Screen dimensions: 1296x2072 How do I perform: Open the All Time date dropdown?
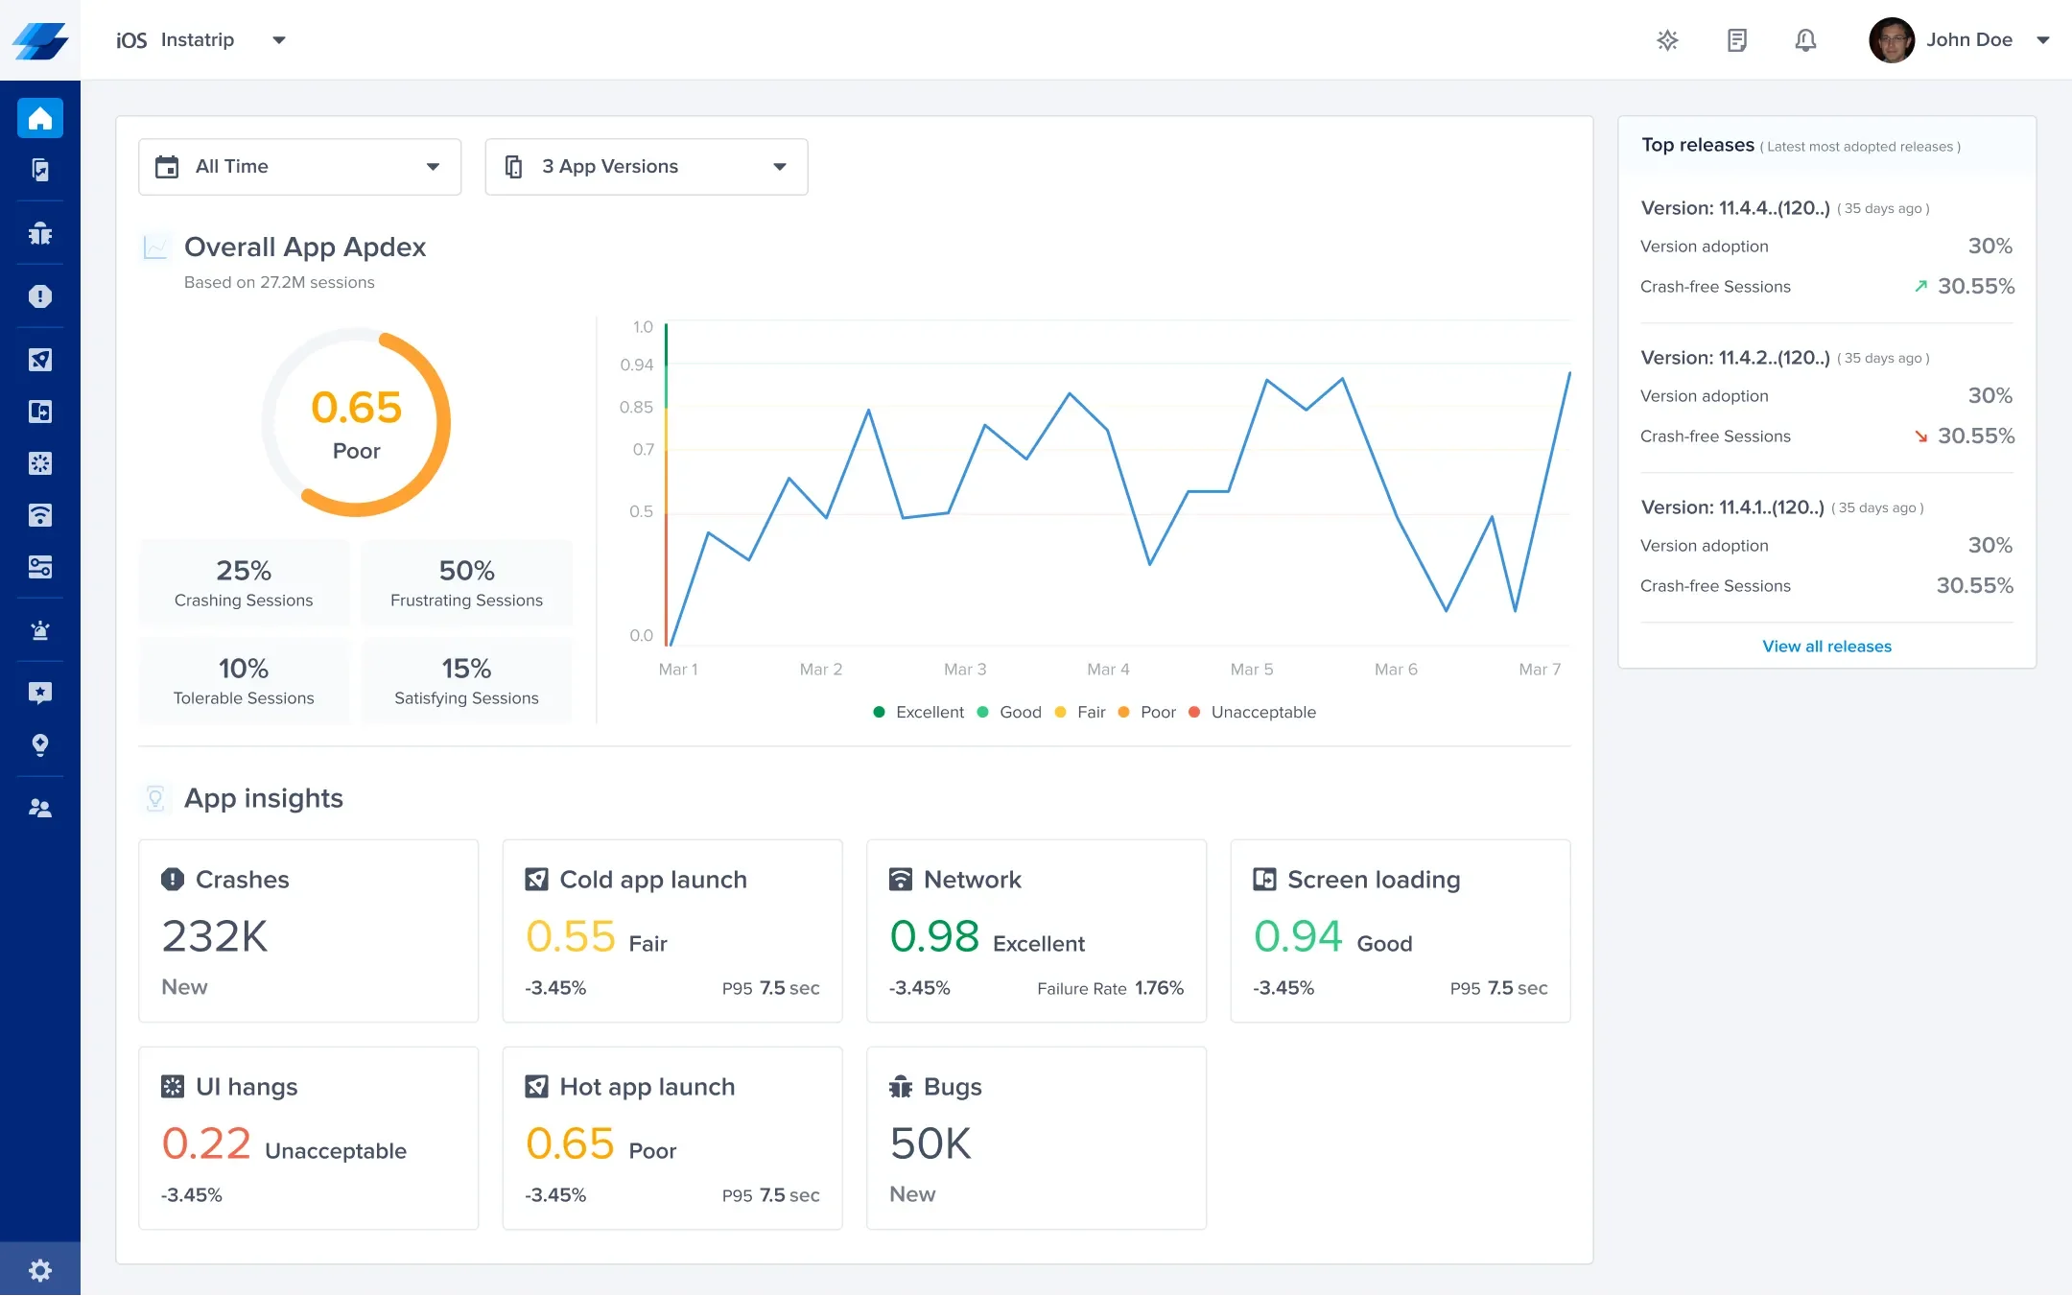tap(299, 167)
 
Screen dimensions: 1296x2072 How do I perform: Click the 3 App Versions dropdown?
tap(646, 167)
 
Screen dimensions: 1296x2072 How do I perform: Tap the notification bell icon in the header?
tap(1805, 40)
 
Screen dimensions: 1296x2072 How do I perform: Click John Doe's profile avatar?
tap(1892, 40)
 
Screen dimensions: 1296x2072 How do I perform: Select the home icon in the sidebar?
tap(40, 119)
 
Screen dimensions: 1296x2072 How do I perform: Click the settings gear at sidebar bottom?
tap(40, 1271)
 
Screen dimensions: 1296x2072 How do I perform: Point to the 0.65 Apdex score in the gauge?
tap(356, 408)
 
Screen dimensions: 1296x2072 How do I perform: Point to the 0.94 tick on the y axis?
tap(637, 365)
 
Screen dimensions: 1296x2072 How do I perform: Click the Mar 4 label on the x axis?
tap(1108, 670)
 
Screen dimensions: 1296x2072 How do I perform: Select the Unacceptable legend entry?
tap(1262, 712)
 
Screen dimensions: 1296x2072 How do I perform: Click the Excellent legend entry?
tap(929, 712)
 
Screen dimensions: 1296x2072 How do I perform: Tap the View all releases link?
tap(1826, 647)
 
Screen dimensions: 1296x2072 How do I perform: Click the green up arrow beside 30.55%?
tap(1920, 286)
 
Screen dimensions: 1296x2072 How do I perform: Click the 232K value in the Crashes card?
tap(215, 936)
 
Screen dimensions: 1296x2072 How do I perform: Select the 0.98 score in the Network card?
tap(934, 936)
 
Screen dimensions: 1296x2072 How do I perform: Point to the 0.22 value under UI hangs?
tap(206, 1143)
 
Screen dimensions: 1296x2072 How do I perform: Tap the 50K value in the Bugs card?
tap(930, 1143)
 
